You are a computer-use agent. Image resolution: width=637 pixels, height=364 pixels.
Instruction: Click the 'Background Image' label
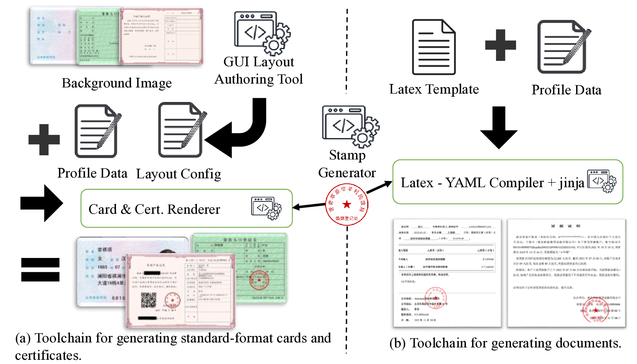pyautogui.click(x=116, y=83)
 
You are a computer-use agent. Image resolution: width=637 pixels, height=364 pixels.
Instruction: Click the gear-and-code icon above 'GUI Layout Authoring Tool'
pyautogui.click(x=262, y=33)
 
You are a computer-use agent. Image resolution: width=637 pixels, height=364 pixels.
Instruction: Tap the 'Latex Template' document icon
pyautogui.click(x=434, y=47)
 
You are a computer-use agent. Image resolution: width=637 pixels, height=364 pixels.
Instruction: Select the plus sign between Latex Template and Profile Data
pyautogui.click(x=500, y=45)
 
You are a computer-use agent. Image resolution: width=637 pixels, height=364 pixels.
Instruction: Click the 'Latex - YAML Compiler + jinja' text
pyautogui.click(x=492, y=183)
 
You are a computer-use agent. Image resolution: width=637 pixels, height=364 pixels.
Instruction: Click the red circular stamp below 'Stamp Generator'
pyautogui.click(x=346, y=205)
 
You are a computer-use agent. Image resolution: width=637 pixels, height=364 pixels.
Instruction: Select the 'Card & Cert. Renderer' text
pyautogui.click(x=154, y=209)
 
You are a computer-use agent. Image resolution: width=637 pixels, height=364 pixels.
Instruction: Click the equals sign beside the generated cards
pyautogui.click(x=40, y=270)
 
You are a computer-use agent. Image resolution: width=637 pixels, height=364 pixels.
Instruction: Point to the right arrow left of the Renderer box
pyautogui.click(x=42, y=203)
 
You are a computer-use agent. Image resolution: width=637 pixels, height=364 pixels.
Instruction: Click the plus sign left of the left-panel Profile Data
pyautogui.click(x=44, y=139)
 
